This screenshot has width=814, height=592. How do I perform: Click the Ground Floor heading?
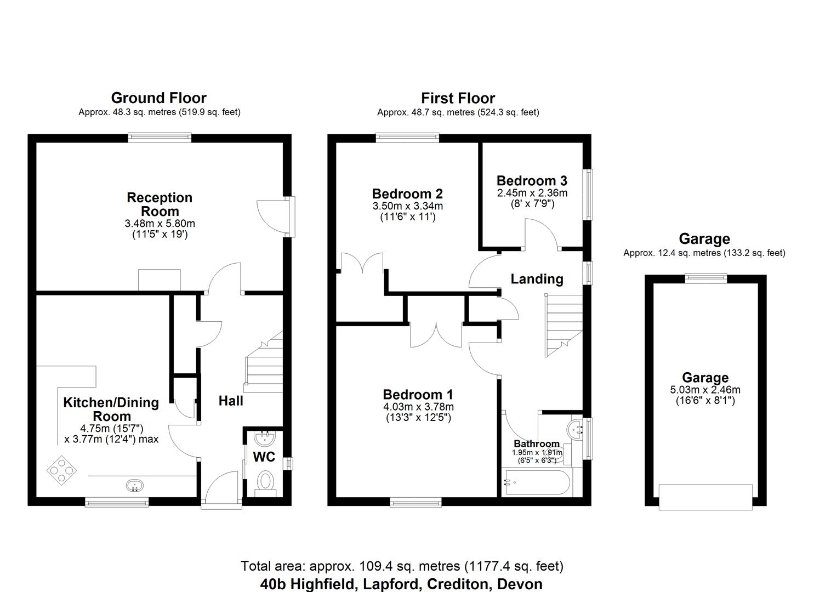pyautogui.click(x=158, y=98)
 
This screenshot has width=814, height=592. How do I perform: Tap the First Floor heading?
pyautogui.click(x=458, y=98)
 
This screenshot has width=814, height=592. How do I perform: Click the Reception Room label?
pyautogui.click(x=160, y=204)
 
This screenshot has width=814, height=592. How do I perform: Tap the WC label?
pyautogui.click(x=264, y=457)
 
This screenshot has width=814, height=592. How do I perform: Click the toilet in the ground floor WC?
pyautogui.click(x=266, y=483)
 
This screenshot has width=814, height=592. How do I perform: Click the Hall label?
pyautogui.click(x=231, y=401)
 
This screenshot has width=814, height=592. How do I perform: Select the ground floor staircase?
pyautogui.click(x=264, y=365)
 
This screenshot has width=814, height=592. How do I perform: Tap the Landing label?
pyautogui.click(x=537, y=279)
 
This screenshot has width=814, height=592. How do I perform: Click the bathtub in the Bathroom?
pyautogui.click(x=536, y=483)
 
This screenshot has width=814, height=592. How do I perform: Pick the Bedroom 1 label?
pyautogui.click(x=418, y=395)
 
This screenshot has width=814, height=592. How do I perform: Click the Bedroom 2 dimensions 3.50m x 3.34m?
pyautogui.click(x=407, y=206)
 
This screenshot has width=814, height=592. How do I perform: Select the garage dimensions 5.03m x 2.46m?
pyautogui.click(x=705, y=390)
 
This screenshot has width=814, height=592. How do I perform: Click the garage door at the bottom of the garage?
pyautogui.click(x=705, y=497)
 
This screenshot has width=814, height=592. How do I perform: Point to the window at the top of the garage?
pyautogui.click(x=705, y=278)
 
